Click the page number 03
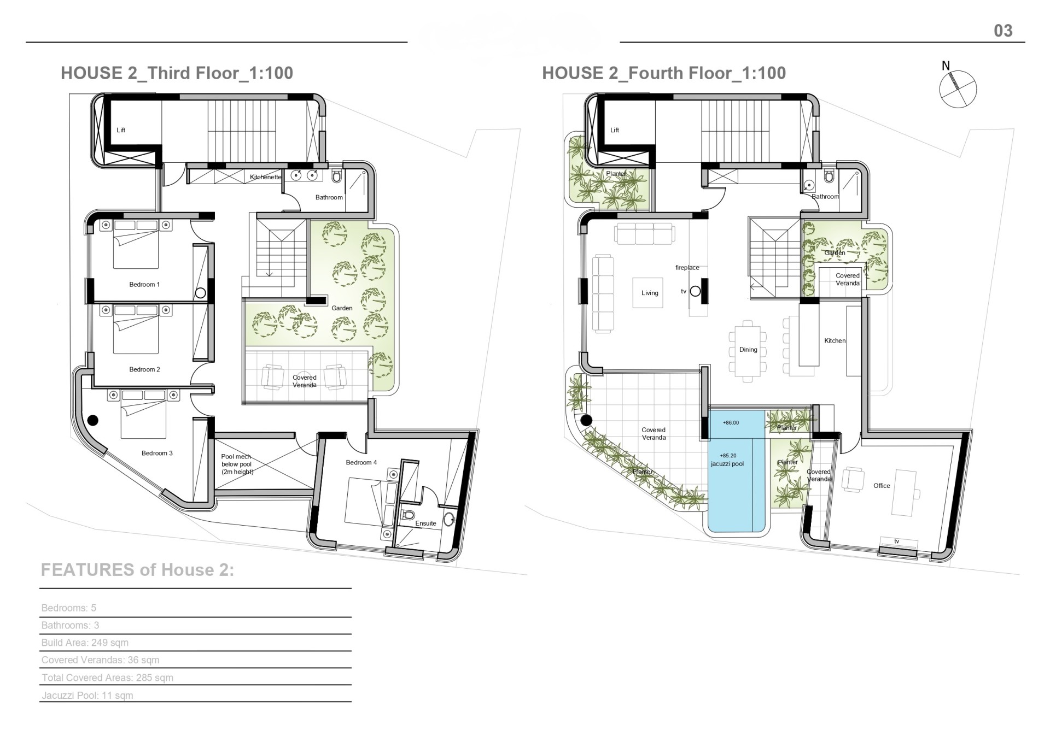pos(1003,31)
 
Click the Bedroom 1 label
pos(144,285)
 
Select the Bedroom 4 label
pos(361,463)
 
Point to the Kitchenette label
pos(266,177)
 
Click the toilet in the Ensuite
pos(408,515)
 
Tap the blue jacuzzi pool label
pos(727,464)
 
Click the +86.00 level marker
pos(731,423)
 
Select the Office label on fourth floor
pos(882,486)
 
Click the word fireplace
pos(687,268)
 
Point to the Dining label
pos(748,350)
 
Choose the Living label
pos(650,293)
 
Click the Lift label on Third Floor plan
pos(121,130)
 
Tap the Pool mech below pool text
pos(237,464)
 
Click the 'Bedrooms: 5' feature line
pos(69,608)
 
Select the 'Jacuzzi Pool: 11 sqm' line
pos(87,696)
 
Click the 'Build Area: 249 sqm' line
pos(85,643)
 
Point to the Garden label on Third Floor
pos(342,308)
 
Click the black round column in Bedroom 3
pos(93,420)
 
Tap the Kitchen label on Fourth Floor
pos(835,341)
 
